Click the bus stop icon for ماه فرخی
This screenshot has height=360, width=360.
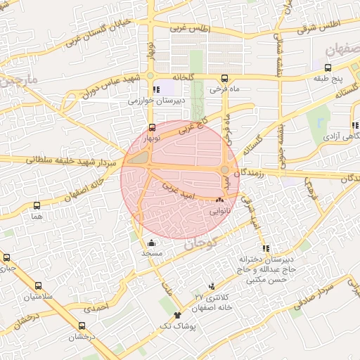(x=224, y=78)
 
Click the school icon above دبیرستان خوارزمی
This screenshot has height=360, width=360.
(x=156, y=90)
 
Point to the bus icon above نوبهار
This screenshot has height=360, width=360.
(x=153, y=127)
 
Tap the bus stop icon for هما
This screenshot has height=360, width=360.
(x=37, y=206)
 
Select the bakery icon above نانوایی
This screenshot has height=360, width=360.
(x=219, y=199)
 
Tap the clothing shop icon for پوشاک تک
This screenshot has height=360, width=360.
(x=177, y=315)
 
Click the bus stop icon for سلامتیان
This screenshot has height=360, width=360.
(x=38, y=286)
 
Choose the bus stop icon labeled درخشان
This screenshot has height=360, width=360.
(x=82, y=326)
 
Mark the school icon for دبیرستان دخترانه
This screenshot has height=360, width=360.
(x=266, y=248)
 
